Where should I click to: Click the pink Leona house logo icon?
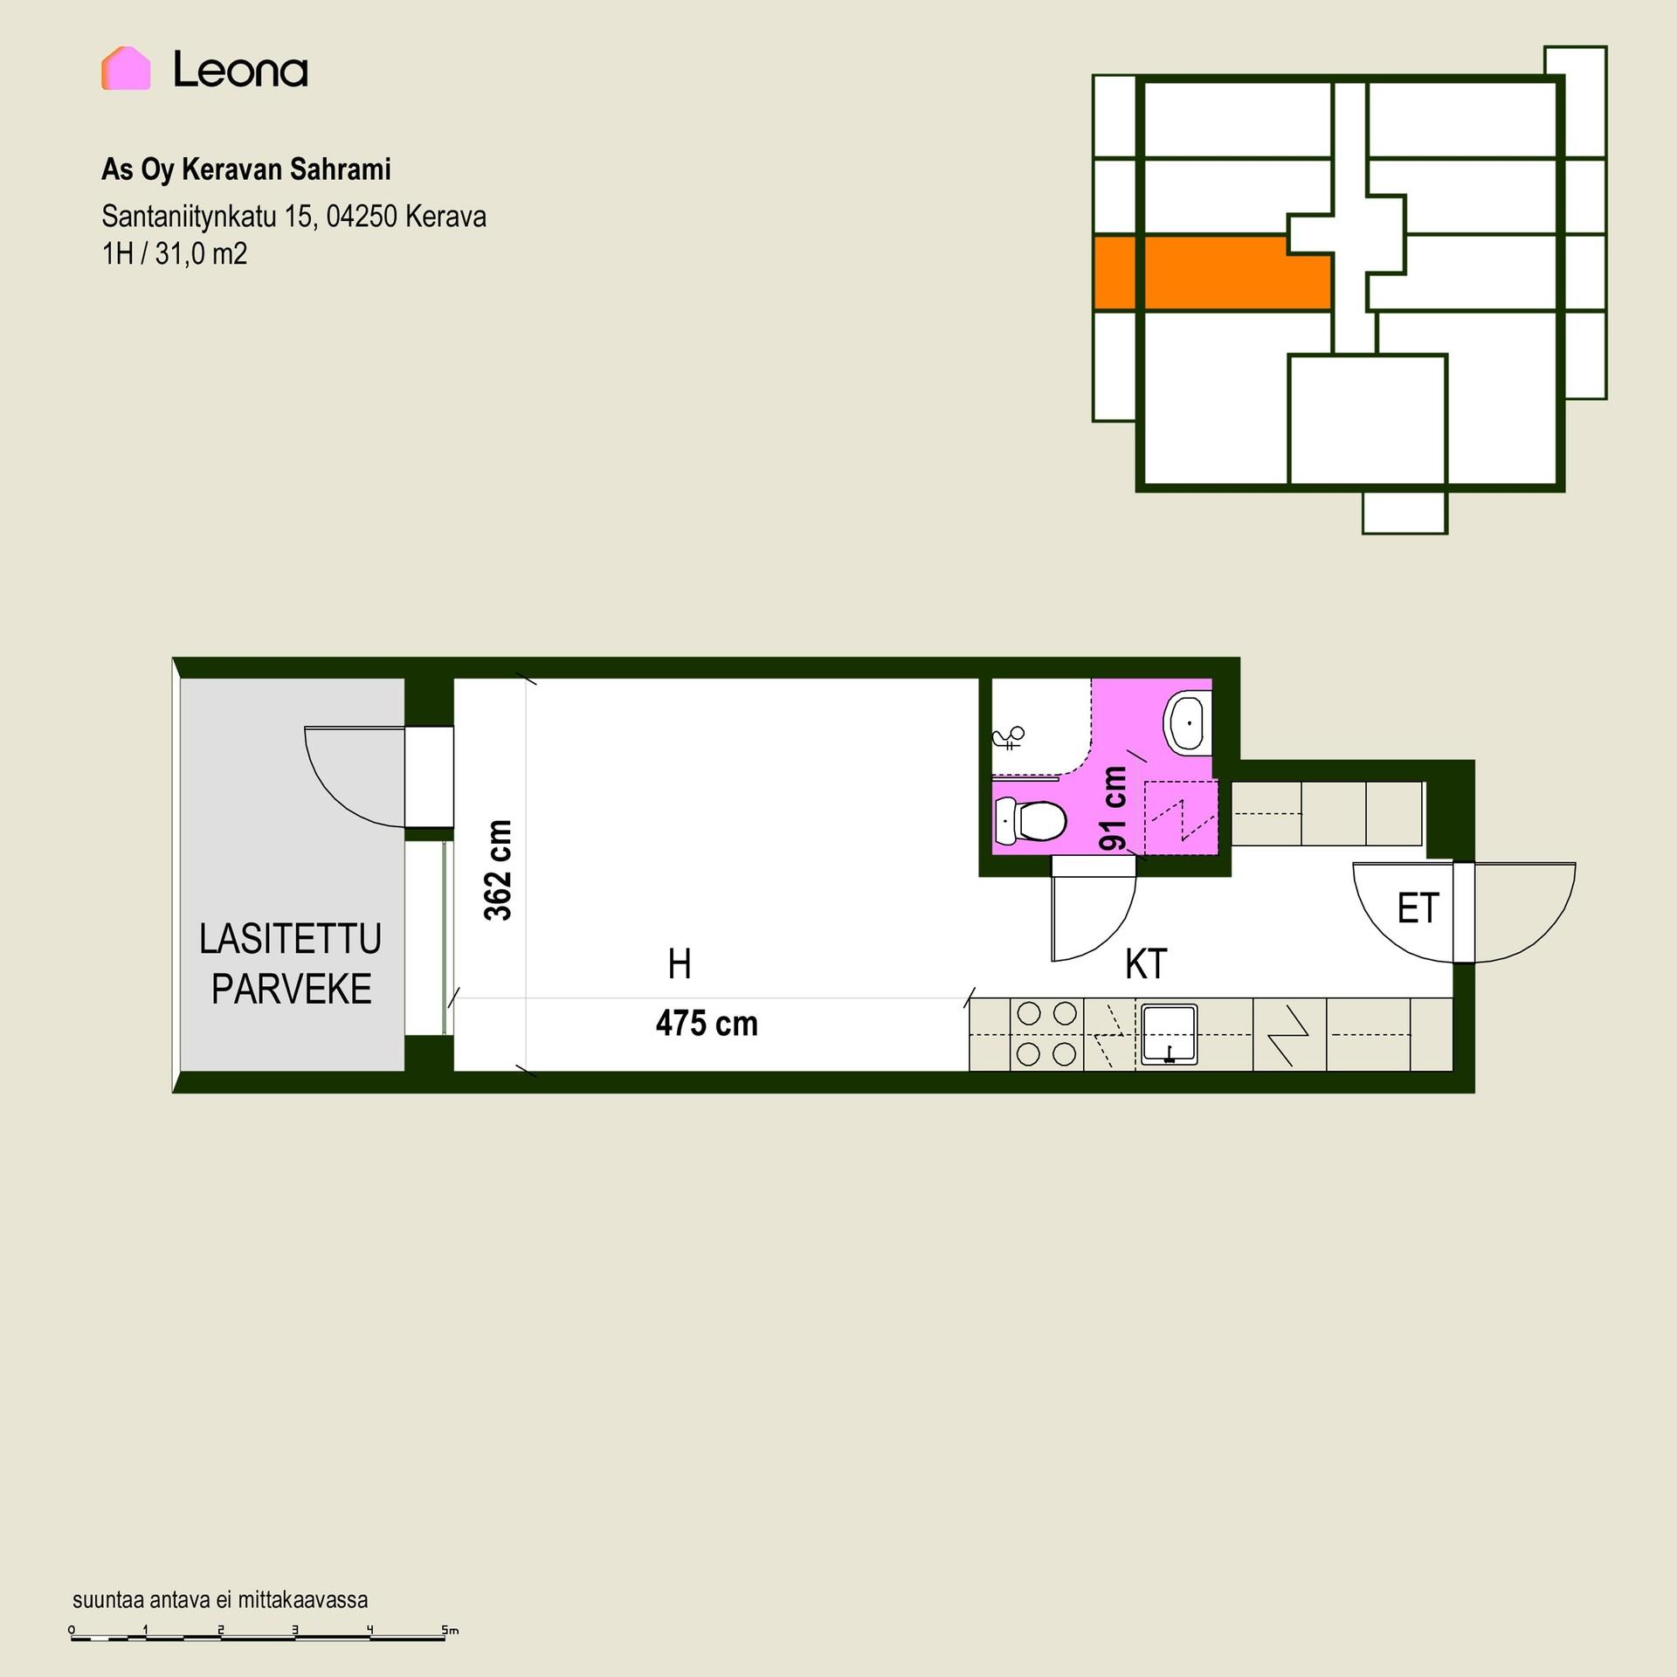point(126,68)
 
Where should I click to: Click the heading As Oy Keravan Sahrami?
point(246,169)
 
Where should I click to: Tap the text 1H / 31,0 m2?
point(175,254)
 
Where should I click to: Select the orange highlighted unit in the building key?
point(1212,273)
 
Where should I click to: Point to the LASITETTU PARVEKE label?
point(291,963)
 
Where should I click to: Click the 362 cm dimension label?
point(498,870)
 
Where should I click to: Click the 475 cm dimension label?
point(707,1024)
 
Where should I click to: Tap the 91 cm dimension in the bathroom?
point(1114,808)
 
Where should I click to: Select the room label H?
point(680,964)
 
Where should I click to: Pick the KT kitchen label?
point(1146,964)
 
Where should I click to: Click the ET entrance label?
point(1418,908)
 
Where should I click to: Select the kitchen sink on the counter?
point(1168,1034)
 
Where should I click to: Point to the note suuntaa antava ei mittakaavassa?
point(220,1600)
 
